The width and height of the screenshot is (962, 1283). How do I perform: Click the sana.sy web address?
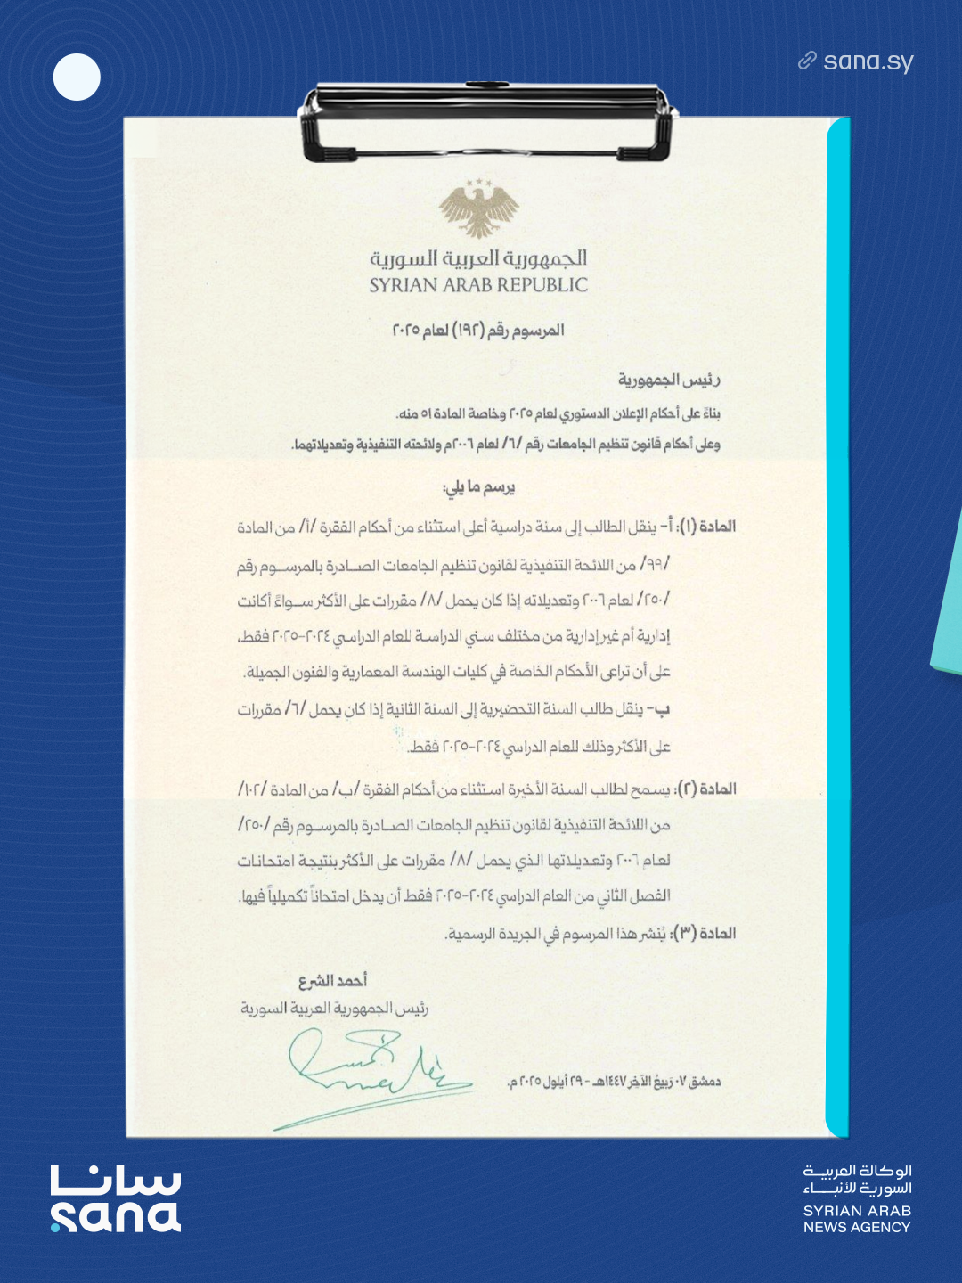[x=868, y=61]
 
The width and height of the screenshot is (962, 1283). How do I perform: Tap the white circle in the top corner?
[x=77, y=78]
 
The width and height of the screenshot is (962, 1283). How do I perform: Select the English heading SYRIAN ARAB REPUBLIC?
[x=479, y=285]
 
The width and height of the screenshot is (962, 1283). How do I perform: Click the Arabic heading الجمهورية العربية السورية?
[x=479, y=258]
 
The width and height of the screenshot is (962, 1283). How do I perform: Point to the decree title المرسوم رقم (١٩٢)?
[x=478, y=331]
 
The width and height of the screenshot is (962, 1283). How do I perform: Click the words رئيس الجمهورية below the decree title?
[x=669, y=380]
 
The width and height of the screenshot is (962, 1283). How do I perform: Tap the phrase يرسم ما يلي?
[x=479, y=487]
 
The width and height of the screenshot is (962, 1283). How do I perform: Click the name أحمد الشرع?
[x=332, y=981]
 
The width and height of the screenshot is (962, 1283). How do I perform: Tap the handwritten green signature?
[x=374, y=1069]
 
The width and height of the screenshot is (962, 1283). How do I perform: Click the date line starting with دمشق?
[x=614, y=1082]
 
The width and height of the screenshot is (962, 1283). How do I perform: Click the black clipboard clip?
[x=487, y=120]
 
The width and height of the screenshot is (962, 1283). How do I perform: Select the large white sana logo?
[x=116, y=1199]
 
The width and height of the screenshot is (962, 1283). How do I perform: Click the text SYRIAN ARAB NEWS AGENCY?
[x=857, y=1219]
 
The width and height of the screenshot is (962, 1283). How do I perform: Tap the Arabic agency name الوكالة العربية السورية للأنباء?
[x=858, y=1180]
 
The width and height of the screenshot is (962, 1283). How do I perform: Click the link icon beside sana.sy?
[x=807, y=61]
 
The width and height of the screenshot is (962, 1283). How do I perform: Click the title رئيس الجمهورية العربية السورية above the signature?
[x=335, y=1009]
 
